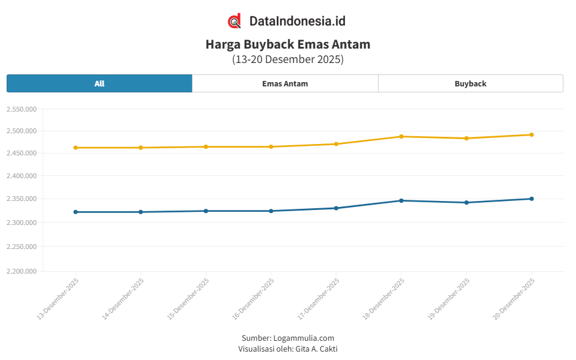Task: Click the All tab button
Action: tap(99, 83)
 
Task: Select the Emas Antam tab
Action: tap(285, 83)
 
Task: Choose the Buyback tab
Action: tap(470, 83)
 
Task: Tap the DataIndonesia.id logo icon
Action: tap(235, 21)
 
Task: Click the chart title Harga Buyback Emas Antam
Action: tap(288, 44)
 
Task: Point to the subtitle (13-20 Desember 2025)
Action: tap(288, 59)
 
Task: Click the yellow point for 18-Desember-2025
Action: tap(401, 136)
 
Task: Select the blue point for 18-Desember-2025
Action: tap(401, 200)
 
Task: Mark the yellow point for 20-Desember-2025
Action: tap(532, 134)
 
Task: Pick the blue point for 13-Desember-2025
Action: tap(76, 212)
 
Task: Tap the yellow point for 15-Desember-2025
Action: tap(206, 146)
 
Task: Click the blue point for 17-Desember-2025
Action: tap(336, 208)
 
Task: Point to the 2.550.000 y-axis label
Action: tap(22, 109)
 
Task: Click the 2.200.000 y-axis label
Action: tap(22, 271)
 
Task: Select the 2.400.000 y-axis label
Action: tap(22, 176)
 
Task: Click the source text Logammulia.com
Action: tap(304, 338)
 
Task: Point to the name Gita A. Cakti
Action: tap(317, 349)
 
